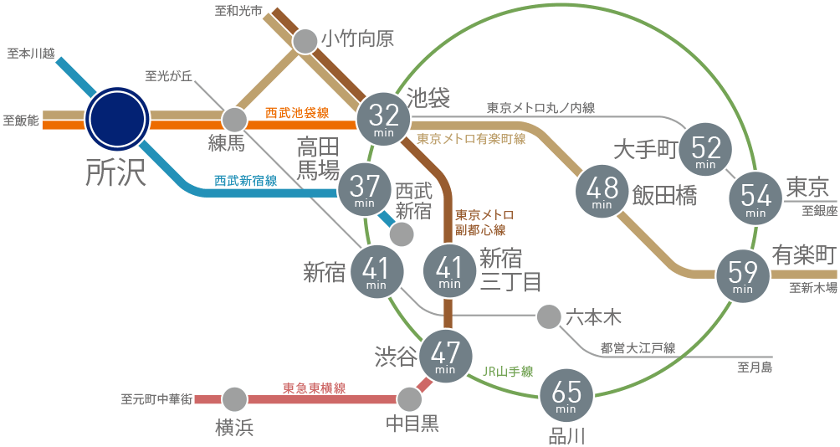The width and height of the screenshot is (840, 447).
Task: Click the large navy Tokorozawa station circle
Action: [x=117, y=119]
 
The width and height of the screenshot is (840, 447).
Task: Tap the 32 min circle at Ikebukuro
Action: [x=385, y=119]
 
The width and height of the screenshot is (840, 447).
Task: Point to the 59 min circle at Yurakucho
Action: [x=743, y=275]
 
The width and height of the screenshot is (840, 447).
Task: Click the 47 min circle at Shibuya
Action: [x=445, y=355]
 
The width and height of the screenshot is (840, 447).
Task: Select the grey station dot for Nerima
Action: [x=234, y=119]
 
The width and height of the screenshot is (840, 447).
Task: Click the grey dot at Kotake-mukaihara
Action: [x=305, y=39]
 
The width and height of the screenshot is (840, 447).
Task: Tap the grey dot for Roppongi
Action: [x=548, y=316]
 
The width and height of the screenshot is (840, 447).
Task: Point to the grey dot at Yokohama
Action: [x=235, y=399]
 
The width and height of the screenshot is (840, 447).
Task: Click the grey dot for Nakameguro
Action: [x=410, y=398]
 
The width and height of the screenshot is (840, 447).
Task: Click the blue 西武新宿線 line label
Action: [x=245, y=180]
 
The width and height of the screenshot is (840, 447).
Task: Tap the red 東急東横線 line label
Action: [x=315, y=388]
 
